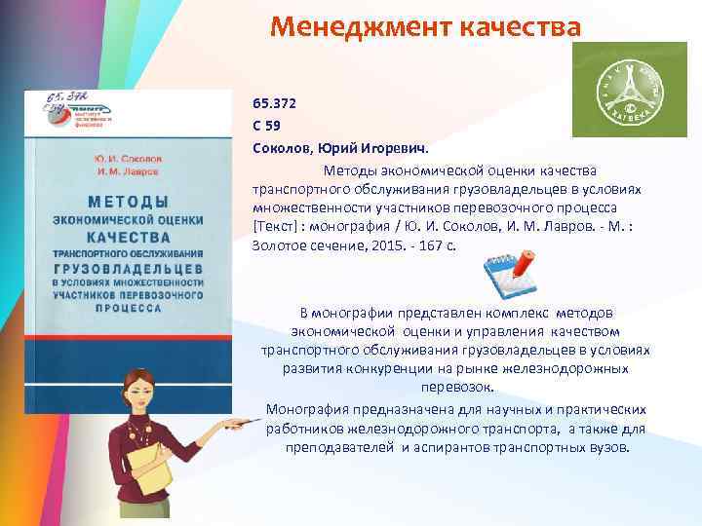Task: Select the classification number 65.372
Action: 274,102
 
